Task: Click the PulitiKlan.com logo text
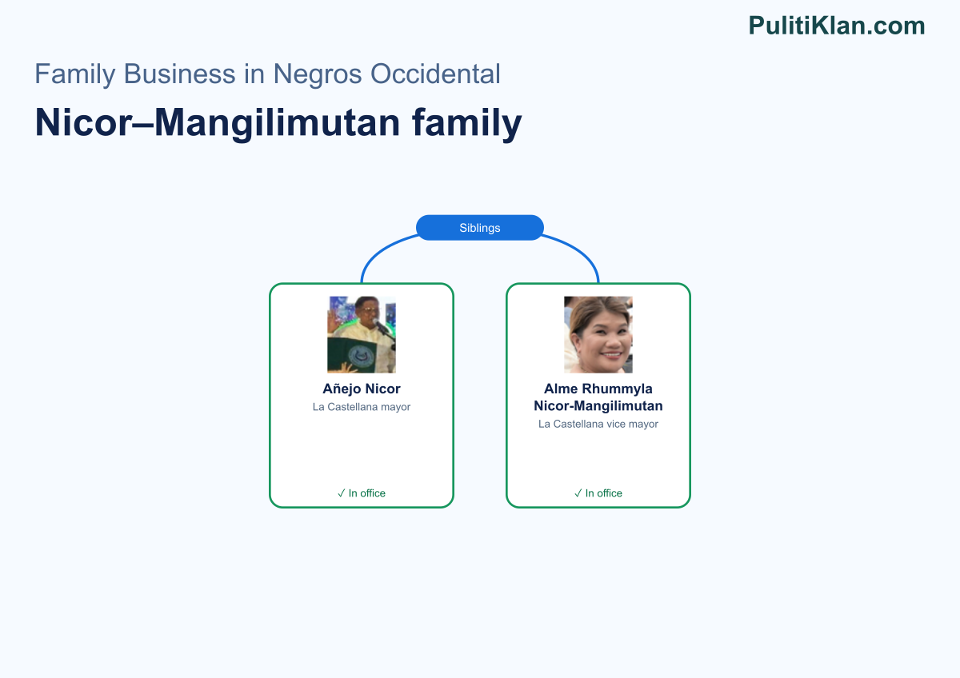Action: tap(837, 26)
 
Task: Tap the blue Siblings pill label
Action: tap(479, 227)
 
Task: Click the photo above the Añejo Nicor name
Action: tap(362, 334)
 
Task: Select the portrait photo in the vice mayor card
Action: tap(598, 334)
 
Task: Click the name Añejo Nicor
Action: tap(362, 389)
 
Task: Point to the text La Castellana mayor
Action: tap(362, 407)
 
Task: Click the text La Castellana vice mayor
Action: tap(598, 424)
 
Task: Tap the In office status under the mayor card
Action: tap(362, 493)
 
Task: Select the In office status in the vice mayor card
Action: tap(598, 493)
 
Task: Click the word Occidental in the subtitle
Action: tap(435, 74)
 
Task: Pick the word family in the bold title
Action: tap(466, 122)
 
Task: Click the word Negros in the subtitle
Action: tap(318, 74)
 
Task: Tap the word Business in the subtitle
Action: tap(179, 74)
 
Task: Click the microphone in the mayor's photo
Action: tap(380, 326)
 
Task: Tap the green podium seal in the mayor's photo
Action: tap(361, 356)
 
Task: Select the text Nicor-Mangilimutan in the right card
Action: tap(598, 405)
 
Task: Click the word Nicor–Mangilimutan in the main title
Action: tap(218, 122)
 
